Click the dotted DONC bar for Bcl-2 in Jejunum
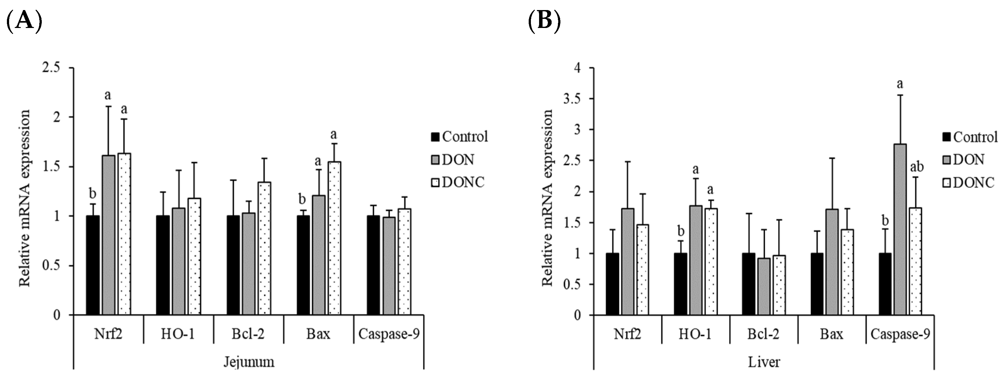point(264,248)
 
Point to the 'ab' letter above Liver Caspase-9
point(917,167)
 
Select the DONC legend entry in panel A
point(458,182)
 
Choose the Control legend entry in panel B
point(969,137)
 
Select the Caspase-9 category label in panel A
point(389,334)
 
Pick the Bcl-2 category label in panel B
point(763,334)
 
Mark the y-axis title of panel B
point(548,197)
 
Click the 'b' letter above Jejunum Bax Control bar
point(302,199)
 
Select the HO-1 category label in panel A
point(178,334)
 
